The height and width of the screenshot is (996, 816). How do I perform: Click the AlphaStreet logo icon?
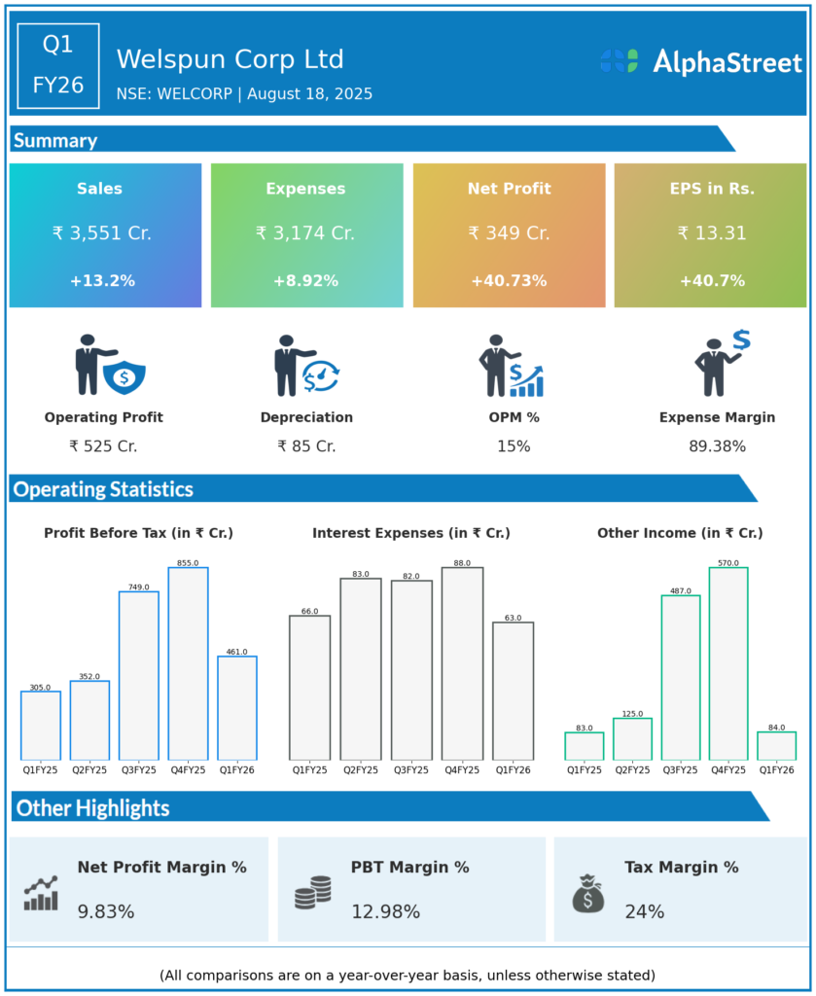click(x=620, y=61)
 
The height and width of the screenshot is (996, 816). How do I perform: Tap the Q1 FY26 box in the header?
click(x=58, y=65)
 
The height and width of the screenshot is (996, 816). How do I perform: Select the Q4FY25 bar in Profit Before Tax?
click(x=188, y=663)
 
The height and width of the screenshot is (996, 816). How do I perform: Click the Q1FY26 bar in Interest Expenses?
click(x=513, y=691)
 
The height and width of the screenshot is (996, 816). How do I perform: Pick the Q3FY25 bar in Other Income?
click(x=680, y=677)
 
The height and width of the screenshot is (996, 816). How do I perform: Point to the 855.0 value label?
click(x=188, y=563)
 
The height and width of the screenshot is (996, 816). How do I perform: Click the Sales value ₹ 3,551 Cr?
click(x=102, y=233)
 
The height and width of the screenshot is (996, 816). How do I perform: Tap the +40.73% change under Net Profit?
click(x=509, y=281)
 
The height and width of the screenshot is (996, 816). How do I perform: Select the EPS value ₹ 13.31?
click(x=710, y=233)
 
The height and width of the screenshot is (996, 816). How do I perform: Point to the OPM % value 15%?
click(x=514, y=446)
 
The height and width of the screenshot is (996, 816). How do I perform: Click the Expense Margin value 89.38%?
click(x=717, y=446)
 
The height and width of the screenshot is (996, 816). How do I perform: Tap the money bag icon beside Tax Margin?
click(x=587, y=893)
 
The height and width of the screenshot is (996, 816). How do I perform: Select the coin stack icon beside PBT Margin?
click(x=312, y=892)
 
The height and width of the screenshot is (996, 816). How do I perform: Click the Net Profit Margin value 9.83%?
click(x=106, y=912)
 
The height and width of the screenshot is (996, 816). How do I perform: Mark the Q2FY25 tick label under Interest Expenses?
click(x=360, y=770)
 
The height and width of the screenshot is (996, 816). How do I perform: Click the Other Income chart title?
click(x=680, y=533)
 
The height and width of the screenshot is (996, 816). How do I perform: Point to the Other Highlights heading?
click(x=93, y=808)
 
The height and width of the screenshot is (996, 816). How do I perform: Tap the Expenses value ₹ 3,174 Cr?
click(x=305, y=233)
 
